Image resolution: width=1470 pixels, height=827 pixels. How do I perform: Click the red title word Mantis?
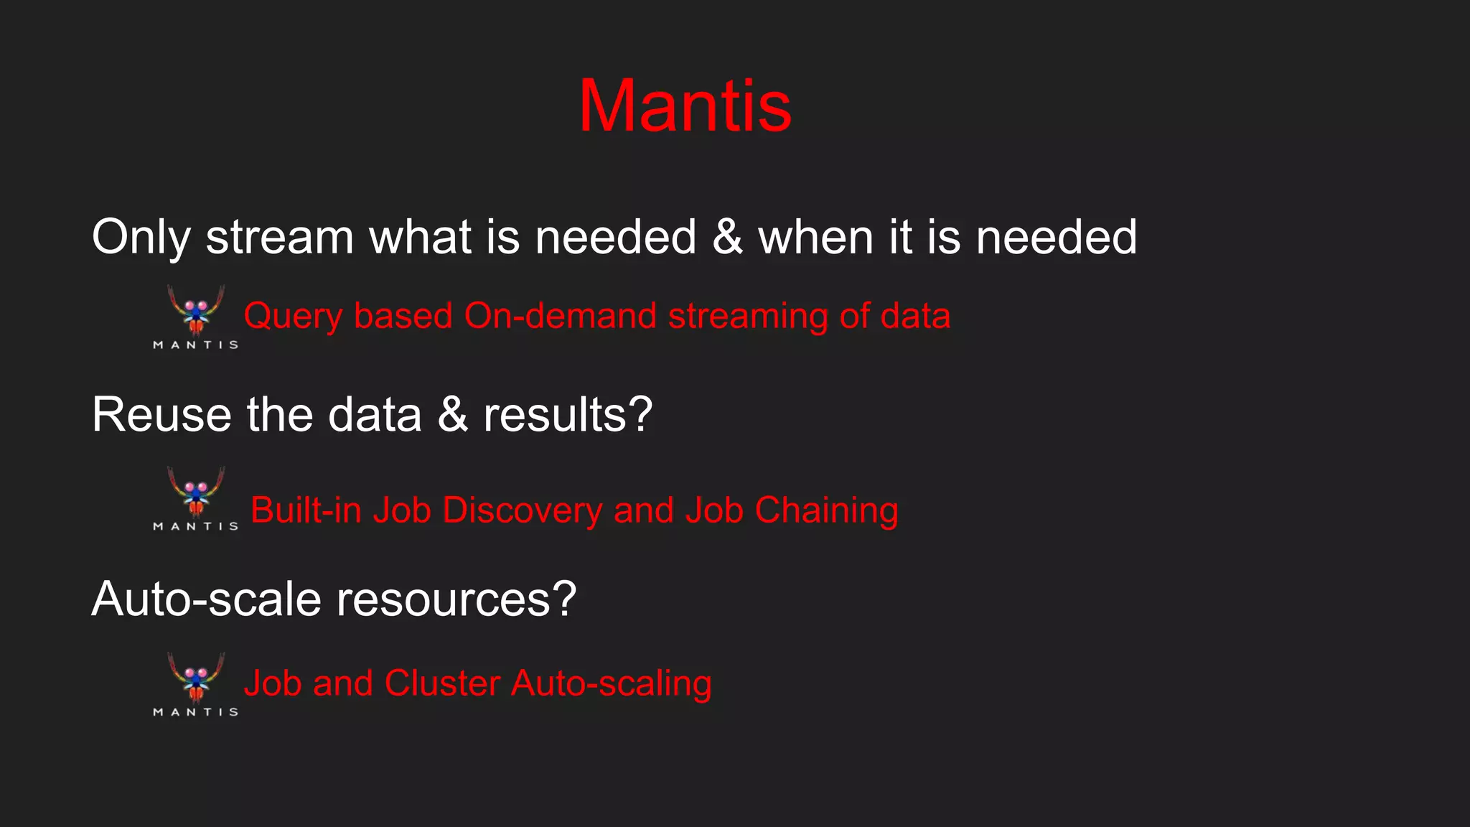pos(685,106)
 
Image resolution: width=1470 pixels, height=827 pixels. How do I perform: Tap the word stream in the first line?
pos(280,237)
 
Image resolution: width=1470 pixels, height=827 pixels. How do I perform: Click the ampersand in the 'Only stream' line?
pos(727,237)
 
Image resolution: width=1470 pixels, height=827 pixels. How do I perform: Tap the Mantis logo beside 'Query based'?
pos(196,316)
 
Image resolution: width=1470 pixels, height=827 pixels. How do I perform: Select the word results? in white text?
pos(568,415)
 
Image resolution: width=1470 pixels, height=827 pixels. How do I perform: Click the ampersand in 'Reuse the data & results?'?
pos(452,415)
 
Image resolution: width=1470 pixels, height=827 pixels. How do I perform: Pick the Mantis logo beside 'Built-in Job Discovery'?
pos(196,498)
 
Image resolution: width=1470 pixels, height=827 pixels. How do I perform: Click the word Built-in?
pos(306,510)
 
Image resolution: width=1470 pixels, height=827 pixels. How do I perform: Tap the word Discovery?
pos(522,510)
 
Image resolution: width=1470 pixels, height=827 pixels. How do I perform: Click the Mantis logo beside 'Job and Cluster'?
pos(196,683)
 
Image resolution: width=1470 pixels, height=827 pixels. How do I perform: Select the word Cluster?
pos(442,683)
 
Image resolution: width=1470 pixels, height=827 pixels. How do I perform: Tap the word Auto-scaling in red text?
pos(611,683)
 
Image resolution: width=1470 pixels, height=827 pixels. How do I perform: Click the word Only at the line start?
pos(141,237)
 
